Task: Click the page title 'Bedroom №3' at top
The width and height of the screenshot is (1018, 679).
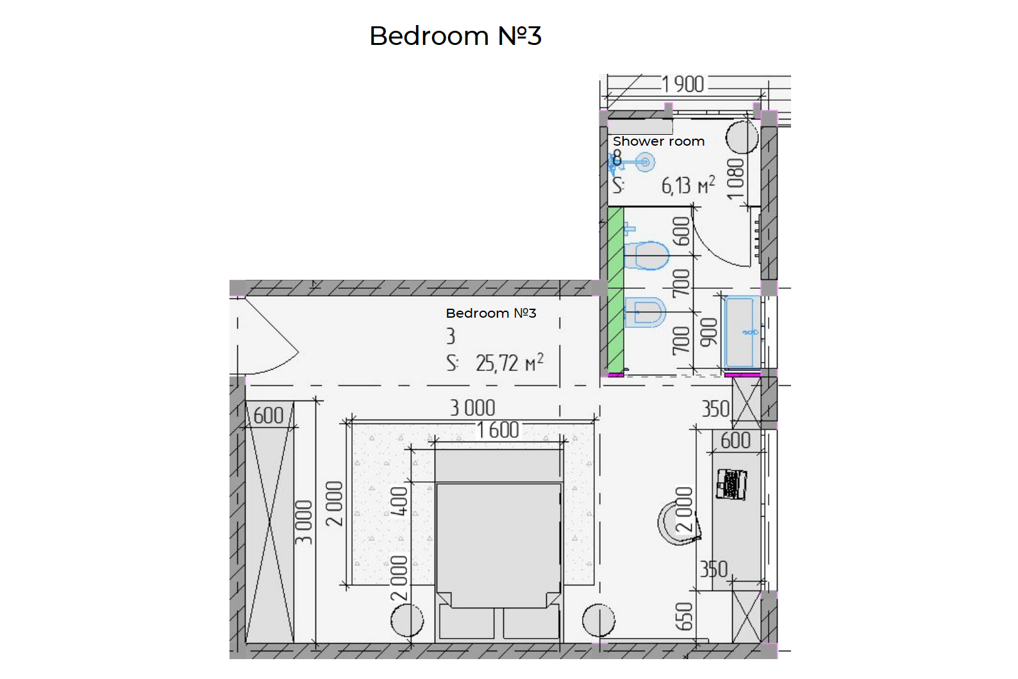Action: coord(455,35)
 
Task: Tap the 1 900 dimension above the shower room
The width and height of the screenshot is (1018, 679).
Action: coord(683,85)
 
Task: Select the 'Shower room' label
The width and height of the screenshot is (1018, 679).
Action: coord(658,141)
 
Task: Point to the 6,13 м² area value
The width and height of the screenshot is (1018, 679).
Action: coord(688,185)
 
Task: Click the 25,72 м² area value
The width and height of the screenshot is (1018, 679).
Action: coord(510,363)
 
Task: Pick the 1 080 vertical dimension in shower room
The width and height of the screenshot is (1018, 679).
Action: coord(736,179)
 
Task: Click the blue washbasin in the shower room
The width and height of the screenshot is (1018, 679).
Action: coord(742,332)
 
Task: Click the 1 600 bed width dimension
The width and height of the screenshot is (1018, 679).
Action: coord(497,430)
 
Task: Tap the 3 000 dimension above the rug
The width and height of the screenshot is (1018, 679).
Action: coord(472,408)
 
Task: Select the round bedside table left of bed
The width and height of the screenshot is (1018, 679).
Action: coord(407,621)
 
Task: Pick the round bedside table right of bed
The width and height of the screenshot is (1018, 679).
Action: coord(599,621)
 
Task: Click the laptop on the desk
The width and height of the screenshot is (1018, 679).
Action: coord(731,484)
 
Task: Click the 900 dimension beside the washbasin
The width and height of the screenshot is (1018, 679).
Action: coord(708,332)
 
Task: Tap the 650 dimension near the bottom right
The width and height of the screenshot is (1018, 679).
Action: coord(684,617)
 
